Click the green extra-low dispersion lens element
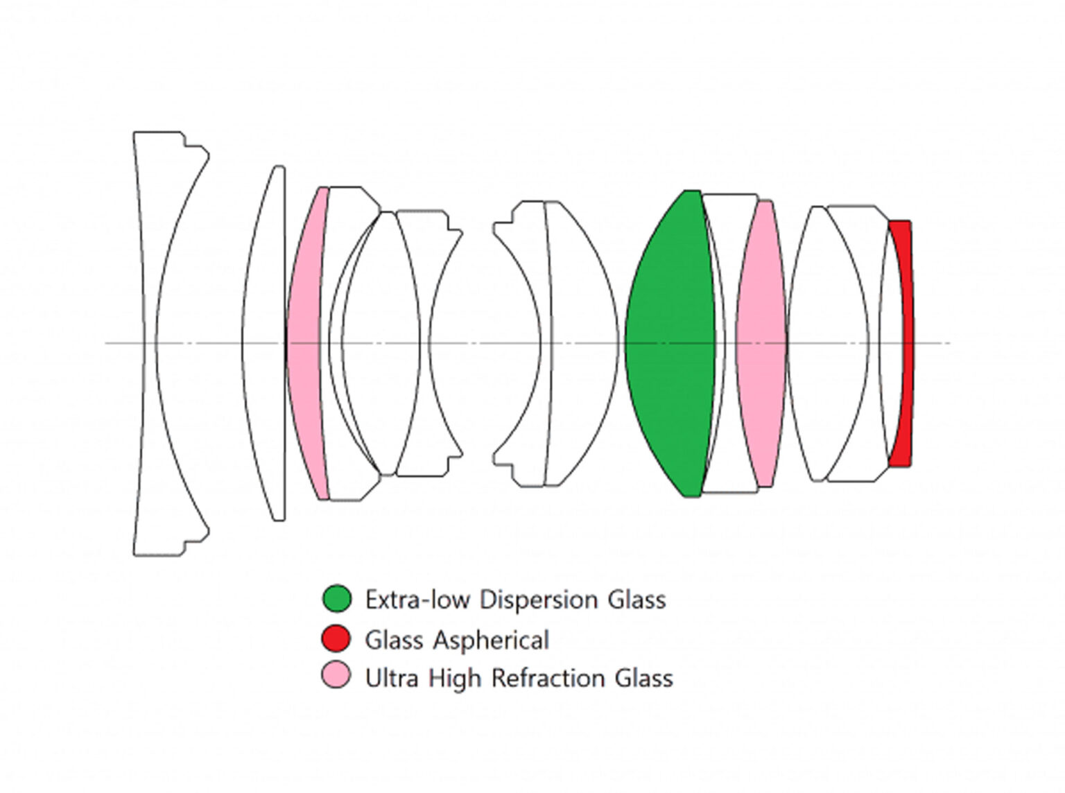(x=670, y=343)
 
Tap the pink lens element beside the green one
(x=761, y=343)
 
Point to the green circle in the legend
(x=336, y=599)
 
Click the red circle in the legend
(x=336, y=638)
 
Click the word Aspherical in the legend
(x=491, y=640)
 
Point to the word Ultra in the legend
(x=392, y=678)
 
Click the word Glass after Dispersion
(x=637, y=600)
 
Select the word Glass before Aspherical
(x=395, y=640)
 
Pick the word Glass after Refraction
(x=644, y=678)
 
